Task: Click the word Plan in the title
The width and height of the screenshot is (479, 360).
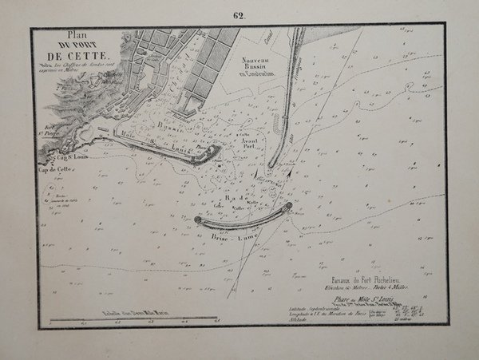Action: pos(78,35)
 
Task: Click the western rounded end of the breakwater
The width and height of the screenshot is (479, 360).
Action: pos(196,219)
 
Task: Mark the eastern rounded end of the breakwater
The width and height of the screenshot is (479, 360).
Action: pos(288,208)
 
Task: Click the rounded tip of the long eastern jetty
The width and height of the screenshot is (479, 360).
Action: pos(272,164)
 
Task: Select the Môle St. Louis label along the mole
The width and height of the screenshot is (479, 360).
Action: pos(152,144)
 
